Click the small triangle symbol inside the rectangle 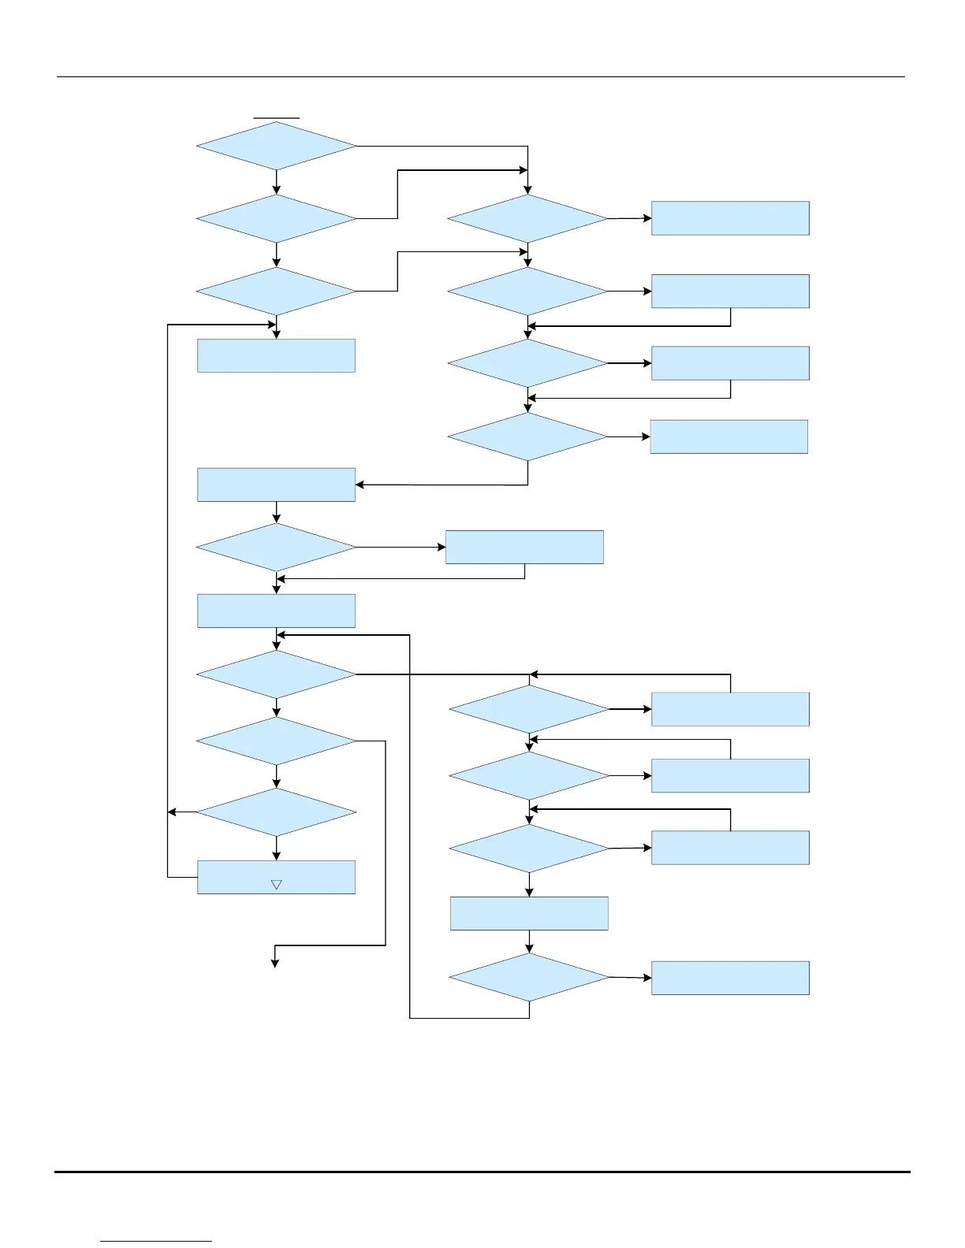click(276, 885)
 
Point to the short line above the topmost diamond click(276, 117)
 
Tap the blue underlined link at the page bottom click(156, 1241)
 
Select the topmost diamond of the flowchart click(276, 146)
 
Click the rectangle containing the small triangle click(276, 877)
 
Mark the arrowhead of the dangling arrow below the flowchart click(275, 963)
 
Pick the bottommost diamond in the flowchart click(529, 978)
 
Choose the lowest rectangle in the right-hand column click(730, 978)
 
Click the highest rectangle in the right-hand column click(730, 218)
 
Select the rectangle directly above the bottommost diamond click(529, 913)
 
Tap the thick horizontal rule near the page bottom click(482, 1172)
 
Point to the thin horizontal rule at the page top click(480, 77)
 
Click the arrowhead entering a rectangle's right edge click(360, 485)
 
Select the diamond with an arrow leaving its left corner click(276, 812)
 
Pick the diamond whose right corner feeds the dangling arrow click(276, 741)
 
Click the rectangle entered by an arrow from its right click(276, 485)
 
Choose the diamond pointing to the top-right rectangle click(527, 218)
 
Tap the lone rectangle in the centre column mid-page click(524, 547)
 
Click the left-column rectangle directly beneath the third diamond click(276, 355)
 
